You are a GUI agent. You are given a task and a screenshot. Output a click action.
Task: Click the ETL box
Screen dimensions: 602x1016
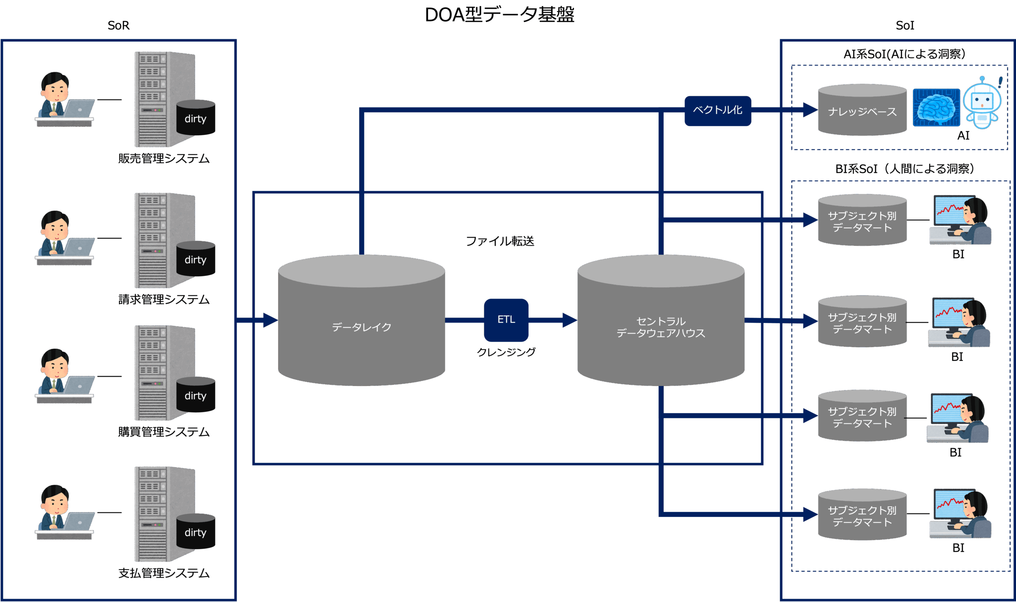pyautogui.click(x=506, y=320)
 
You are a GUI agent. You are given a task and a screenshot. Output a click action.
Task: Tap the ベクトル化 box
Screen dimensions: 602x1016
pyautogui.click(x=717, y=110)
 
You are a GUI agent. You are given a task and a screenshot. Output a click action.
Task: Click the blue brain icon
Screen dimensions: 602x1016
pyautogui.click(x=936, y=108)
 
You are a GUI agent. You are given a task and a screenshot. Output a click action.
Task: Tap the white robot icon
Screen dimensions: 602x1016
pyautogui.click(x=981, y=103)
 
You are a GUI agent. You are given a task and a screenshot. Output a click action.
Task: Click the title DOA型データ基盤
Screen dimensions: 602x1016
pyautogui.click(x=499, y=15)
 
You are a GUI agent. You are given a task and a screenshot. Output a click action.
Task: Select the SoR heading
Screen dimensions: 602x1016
pyautogui.click(x=118, y=25)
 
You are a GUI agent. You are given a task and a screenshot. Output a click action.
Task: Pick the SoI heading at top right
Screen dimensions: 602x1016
pyautogui.click(x=904, y=25)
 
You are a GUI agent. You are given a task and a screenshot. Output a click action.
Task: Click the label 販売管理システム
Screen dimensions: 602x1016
pyautogui.click(x=164, y=158)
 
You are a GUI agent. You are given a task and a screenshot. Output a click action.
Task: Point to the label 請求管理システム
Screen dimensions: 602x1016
pyautogui.click(x=164, y=299)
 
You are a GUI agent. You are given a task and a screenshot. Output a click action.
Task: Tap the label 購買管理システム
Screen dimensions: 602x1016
pyautogui.click(x=164, y=432)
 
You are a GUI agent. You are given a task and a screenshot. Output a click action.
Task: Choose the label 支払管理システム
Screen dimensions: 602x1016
pyautogui.click(x=164, y=573)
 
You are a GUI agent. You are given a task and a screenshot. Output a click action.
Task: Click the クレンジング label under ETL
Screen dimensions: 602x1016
pyautogui.click(x=506, y=352)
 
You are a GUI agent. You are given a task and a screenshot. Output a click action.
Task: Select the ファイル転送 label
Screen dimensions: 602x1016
pyautogui.click(x=500, y=241)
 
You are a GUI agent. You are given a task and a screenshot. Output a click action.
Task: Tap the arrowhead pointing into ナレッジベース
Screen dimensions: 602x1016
pyautogui.click(x=810, y=110)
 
